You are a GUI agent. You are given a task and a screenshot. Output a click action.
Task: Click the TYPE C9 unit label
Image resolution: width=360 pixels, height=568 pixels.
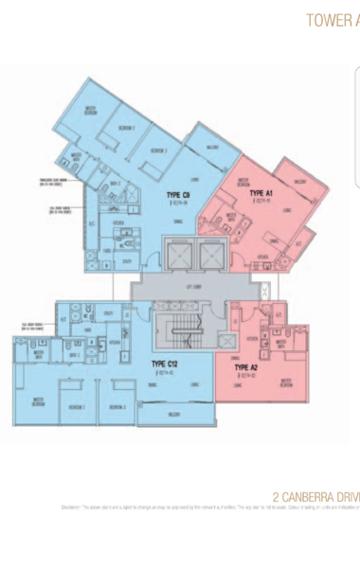(x=178, y=196)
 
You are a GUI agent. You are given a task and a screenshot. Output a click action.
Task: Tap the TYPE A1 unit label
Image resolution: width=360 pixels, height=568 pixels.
(x=261, y=193)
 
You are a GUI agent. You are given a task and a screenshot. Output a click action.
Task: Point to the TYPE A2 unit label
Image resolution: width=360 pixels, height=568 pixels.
(x=245, y=367)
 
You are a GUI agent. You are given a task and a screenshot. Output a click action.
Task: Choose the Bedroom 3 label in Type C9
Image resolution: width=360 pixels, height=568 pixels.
(x=159, y=151)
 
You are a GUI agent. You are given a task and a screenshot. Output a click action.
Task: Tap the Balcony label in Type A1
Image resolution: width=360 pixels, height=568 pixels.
(x=300, y=181)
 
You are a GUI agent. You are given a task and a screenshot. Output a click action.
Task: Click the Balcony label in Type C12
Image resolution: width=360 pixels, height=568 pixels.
(x=173, y=414)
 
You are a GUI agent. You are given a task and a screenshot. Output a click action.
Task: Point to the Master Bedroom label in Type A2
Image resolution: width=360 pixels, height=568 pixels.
(x=285, y=383)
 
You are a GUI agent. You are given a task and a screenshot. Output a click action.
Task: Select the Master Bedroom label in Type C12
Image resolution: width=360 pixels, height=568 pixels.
(x=39, y=400)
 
